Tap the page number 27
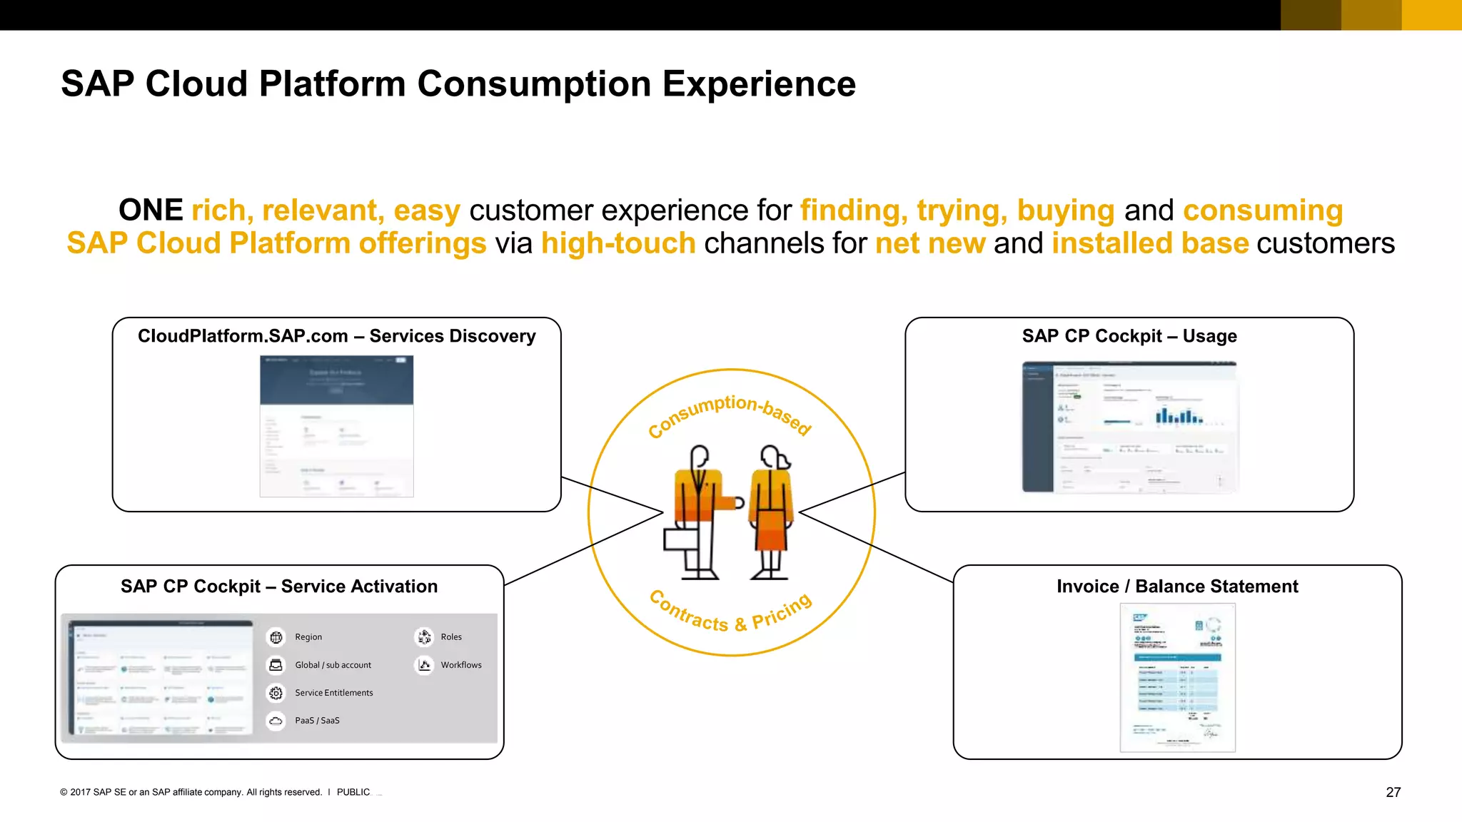click(x=1393, y=792)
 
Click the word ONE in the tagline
click(x=151, y=210)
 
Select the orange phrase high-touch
click(x=618, y=243)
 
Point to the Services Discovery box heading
click(x=336, y=336)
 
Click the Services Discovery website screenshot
click(x=336, y=426)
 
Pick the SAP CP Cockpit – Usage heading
click(x=1129, y=336)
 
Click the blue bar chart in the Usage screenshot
click(x=1179, y=416)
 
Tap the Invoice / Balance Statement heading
click(x=1176, y=587)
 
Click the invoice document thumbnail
click(x=1177, y=677)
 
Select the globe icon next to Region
click(x=276, y=637)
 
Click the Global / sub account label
click(x=333, y=665)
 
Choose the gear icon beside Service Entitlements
click(x=276, y=693)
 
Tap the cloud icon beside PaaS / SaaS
click(x=276, y=721)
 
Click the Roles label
click(x=451, y=637)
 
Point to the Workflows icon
click(x=425, y=665)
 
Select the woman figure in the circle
click(x=771, y=510)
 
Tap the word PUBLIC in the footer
click(x=353, y=792)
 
